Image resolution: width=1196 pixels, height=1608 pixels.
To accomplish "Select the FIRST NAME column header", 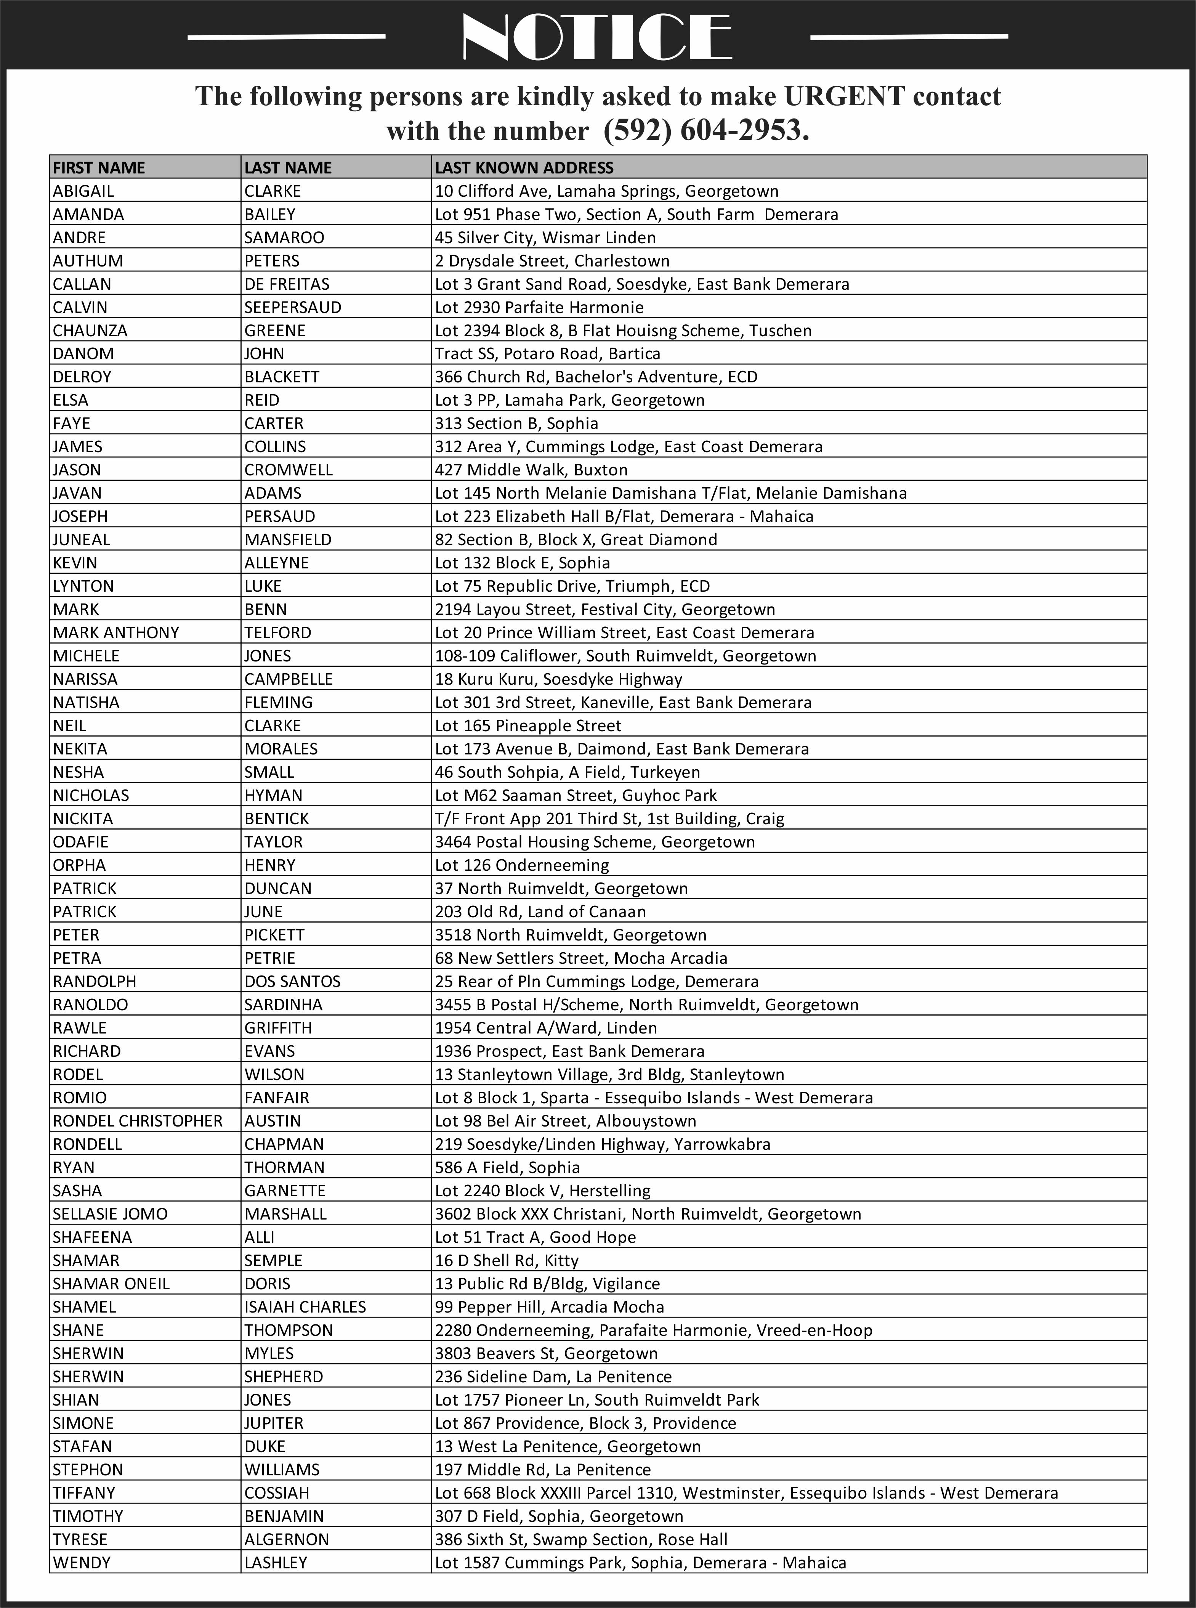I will coord(99,168).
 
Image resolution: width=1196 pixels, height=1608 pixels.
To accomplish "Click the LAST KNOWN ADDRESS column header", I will coord(524,168).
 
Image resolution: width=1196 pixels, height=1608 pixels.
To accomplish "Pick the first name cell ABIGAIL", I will coord(83,191).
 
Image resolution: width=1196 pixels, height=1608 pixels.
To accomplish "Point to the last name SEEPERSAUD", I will coord(292,307).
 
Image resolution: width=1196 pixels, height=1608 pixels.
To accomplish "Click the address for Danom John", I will coord(547,353).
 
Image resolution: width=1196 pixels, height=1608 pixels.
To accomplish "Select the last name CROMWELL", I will coord(288,470).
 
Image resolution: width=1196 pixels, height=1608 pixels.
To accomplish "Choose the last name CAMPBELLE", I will coord(288,679).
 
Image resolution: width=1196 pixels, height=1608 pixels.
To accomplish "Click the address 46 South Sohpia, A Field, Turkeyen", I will coord(567,772).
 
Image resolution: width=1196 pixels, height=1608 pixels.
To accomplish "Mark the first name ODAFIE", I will coord(80,841).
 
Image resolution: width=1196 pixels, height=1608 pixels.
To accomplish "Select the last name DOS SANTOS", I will coord(292,981).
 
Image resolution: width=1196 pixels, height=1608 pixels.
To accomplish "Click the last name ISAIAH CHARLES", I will coord(305,1307).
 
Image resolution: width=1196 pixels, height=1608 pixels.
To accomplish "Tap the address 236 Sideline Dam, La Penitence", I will coord(553,1376).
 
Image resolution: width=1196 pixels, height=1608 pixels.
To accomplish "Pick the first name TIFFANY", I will coord(84,1493).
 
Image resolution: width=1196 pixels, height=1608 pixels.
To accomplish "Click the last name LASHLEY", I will coord(276,1562).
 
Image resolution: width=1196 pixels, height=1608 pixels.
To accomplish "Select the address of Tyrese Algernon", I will coord(580,1539).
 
